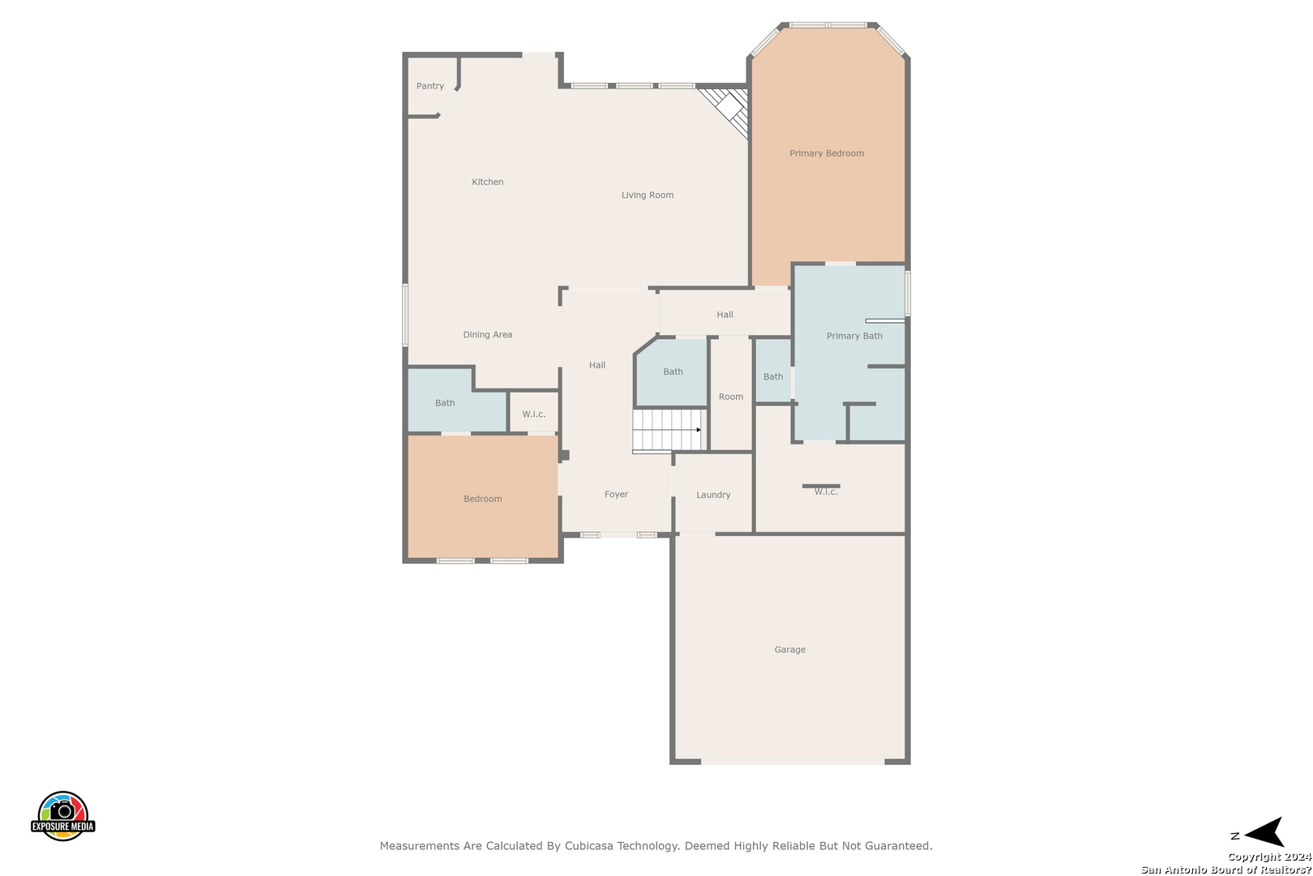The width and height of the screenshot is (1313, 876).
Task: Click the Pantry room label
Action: click(430, 86)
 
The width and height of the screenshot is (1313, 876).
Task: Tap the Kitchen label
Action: click(488, 182)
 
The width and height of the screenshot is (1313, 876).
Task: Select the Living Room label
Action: click(647, 195)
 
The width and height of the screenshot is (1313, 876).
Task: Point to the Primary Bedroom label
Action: click(827, 153)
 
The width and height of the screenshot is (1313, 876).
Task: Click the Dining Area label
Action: click(488, 334)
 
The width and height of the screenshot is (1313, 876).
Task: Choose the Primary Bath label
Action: click(854, 336)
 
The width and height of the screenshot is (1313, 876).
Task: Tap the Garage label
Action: click(789, 650)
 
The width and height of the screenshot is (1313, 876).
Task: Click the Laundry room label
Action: click(713, 495)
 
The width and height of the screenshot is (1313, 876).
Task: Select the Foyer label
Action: click(616, 494)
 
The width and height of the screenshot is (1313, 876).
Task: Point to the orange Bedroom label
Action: click(482, 499)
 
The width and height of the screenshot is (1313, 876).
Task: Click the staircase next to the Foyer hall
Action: click(667, 432)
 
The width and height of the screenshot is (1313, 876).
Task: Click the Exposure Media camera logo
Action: click(62, 815)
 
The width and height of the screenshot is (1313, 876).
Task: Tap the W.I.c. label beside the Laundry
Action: click(825, 492)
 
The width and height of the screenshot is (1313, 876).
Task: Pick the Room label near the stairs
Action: click(731, 397)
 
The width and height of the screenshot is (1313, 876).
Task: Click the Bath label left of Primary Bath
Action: click(773, 376)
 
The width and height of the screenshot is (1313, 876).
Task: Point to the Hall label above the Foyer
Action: click(597, 365)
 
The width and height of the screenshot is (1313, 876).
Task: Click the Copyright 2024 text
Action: click(1269, 857)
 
